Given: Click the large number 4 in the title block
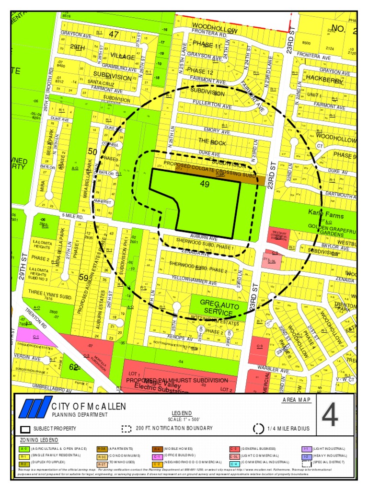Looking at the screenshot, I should pos(330,416).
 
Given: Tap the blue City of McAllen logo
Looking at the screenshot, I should pos(34,409).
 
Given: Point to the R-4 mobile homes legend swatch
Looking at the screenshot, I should pos(157,449).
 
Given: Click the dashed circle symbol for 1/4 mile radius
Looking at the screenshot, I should pos(258,429).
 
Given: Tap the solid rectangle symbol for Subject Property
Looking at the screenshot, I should pos(25,429).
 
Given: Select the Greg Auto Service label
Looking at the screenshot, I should pos(216,308).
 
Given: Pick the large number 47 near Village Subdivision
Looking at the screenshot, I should pos(114,35).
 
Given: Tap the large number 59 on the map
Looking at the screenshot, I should pos(83,277).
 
